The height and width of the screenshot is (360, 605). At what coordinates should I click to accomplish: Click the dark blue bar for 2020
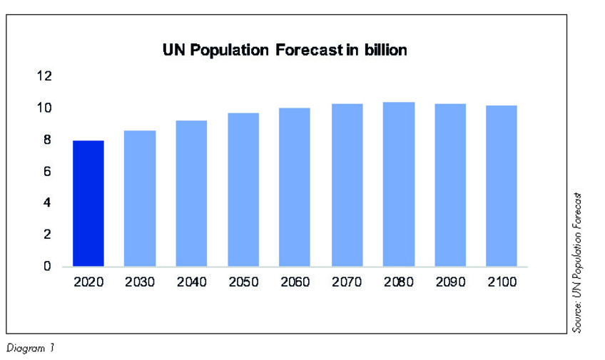(88, 203)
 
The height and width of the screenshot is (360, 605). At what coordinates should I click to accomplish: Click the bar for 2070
(347, 185)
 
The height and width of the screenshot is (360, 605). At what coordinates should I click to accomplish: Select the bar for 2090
(449, 185)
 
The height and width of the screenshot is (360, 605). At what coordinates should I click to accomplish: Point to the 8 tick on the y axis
(47, 140)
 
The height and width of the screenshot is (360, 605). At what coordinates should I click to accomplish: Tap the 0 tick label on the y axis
(47, 267)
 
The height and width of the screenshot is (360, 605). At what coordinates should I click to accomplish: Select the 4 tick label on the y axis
(47, 203)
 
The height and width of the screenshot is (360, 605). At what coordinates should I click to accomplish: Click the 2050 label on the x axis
(243, 282)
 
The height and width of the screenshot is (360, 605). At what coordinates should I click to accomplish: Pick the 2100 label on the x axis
(502, 282)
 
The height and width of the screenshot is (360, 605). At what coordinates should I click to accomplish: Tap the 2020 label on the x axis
(88, 282)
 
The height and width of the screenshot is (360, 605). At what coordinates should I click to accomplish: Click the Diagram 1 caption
(30, 347)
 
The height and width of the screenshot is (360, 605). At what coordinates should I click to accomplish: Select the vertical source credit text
(578, 262)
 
